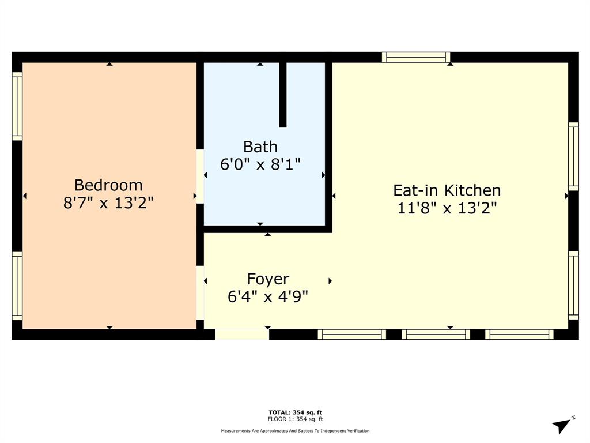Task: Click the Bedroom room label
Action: click(108, 185)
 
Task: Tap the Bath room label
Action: click(260, 147)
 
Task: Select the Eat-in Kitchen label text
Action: click(447, 190)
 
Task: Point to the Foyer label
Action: click(268, 279)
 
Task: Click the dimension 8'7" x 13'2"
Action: click(108, 204)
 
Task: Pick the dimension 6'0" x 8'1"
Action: click(260, 164)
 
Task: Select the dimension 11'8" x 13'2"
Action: click(447, 208)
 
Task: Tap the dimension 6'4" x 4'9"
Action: click(268, 297)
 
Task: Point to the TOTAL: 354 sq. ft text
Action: click(295, 412)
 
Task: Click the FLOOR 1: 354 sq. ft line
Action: click(295, 419)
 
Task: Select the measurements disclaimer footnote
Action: click(295, 431)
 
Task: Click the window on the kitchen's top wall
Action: click(416, 57)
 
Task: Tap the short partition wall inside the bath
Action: click(283, 94)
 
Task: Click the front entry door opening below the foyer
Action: click(241, 334)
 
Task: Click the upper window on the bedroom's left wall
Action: click(17, 106)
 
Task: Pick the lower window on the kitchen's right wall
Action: click(573, 285)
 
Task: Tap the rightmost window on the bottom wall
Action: click(519, 334)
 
